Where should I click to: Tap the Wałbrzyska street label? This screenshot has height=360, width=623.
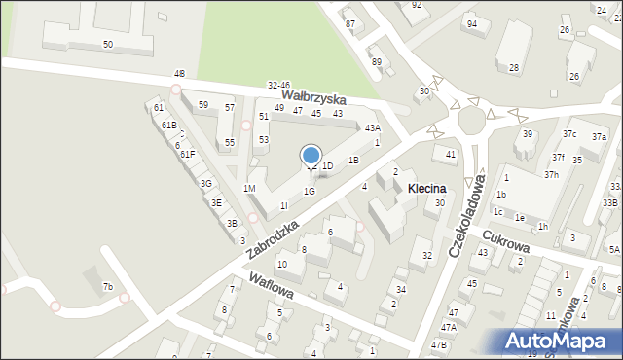click(x=313, y=98)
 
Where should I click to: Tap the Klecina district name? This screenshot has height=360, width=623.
click(x=426, y=188)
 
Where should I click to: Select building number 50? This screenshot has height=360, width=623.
click(x=107, y=45)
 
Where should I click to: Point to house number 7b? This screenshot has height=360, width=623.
click(x=108, y=286)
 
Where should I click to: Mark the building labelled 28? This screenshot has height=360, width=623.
click(x=514, y=68)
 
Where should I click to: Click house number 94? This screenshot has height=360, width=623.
click(x=471, y=23)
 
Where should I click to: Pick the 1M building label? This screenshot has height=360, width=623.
click(x=249, y=188)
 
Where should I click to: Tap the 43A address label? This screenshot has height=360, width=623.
click(x=372, y=128)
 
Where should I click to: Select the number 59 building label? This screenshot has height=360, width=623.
click(x=202, y=104)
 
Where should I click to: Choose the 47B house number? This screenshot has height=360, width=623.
click(x=439, y=344)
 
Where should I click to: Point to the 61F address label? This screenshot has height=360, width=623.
click(x=187, y=155)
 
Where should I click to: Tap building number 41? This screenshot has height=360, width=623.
click(x=451, y=155)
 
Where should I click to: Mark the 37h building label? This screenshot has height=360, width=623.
click(x=551, y=174)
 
